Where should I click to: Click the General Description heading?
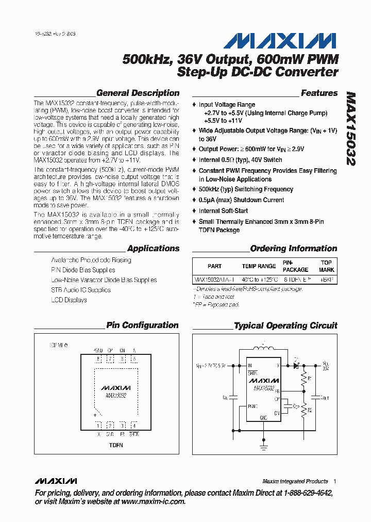(x=138, y=93)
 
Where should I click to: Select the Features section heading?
(x=319, y=93)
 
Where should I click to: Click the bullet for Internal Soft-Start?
(x=194, y=211)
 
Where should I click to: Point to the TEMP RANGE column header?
(x=259, y=266)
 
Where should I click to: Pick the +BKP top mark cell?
(x=327, y=279)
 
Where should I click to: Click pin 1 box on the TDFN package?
(x=98, y=425)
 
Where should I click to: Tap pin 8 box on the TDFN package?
(x=98, y=359)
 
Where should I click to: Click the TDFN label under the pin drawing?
(x=116, y=445)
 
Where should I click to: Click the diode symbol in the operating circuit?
(x=296, y=365)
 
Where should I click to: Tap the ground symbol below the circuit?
(x=264, y=446)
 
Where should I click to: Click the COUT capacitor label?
(x=325, y=398)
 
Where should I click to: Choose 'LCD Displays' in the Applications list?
(x=69, y=300)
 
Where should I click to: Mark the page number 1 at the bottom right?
(x=334, y=481)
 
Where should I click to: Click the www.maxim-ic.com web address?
(x=153, y=501)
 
